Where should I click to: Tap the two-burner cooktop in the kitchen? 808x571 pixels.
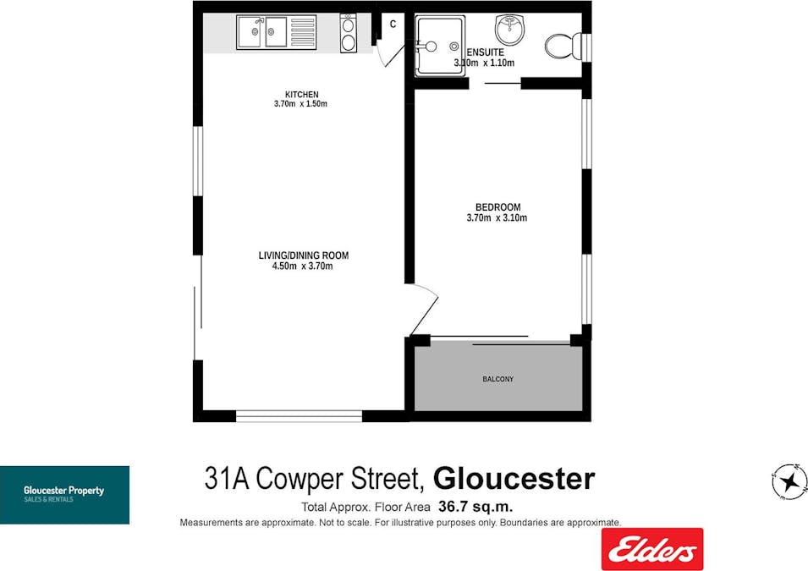tap(348, 33)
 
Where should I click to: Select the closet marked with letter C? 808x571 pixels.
tap(393, 25)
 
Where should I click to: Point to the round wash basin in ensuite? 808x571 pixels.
tap(511, 30)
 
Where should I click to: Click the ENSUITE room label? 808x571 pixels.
tap(485, 52)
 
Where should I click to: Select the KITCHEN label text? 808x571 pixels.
tap(301, 94)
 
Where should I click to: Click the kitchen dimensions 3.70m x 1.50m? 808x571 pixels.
tap(300, 104)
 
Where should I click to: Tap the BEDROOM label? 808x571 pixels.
tap(497, 207)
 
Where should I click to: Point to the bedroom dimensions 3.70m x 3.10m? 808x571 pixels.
tap(497, 217)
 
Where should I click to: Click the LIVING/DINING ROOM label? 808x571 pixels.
tap(303, 255)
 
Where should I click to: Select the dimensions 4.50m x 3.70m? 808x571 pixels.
tap(303, 266)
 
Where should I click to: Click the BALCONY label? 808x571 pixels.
tap(497, 379)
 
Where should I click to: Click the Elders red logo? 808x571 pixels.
tap(651, 549)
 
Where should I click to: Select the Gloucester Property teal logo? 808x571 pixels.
tap(64, 495)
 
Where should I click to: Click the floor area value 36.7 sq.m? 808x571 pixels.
tap(475, 508)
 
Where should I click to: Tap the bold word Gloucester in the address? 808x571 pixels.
tap(514, 480)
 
